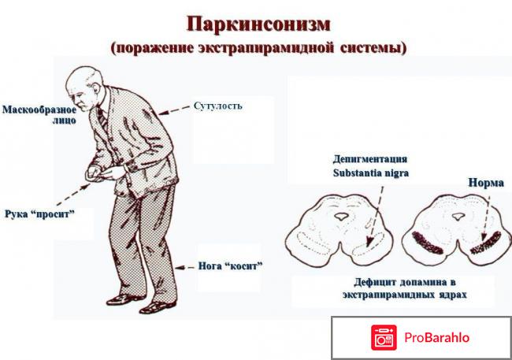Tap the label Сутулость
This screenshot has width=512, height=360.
(217, 106)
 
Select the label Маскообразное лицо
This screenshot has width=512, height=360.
(39, 115)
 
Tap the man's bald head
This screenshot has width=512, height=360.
(79, 80)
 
